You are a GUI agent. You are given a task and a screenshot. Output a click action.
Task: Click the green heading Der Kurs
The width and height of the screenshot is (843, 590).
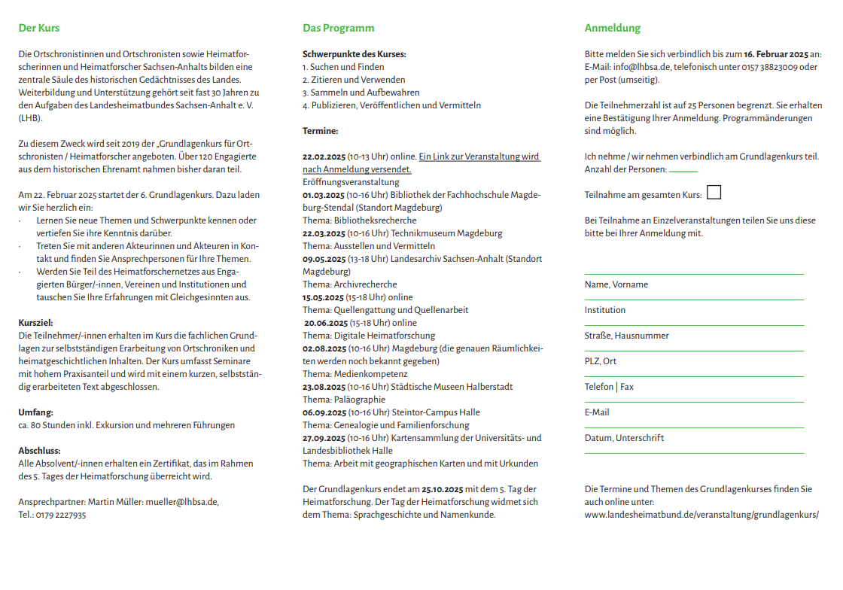click(x=38, y=29)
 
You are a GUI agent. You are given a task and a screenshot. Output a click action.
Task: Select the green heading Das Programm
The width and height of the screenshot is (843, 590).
click(x=338, y=29)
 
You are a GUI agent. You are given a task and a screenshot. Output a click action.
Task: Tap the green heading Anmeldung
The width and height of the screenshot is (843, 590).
click(x=613, y=29)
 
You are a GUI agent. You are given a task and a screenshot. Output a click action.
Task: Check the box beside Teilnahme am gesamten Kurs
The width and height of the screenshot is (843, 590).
click(x=714, y=193)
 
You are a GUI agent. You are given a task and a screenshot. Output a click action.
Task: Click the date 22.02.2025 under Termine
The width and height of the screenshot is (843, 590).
click(x=324, y=157)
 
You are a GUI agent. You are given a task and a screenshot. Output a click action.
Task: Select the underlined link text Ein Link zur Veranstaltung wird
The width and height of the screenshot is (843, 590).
click(x=479, y=157)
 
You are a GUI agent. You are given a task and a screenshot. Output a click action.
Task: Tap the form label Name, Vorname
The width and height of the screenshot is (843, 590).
click(x=616, y=284)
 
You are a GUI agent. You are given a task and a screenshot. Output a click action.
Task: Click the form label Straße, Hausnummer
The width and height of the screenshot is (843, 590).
click(x=626, y=336)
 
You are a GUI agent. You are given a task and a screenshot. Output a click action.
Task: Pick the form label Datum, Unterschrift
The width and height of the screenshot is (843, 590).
click(x=624, y=438)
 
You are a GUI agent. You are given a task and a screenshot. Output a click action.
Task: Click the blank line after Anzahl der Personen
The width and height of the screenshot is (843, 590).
click(x=683, y=171)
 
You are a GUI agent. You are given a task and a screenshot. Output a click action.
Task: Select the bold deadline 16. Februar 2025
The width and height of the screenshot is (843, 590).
click(x=776, y=54)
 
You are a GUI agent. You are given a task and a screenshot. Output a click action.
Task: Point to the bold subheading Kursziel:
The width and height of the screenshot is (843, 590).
click(x=35, y=323)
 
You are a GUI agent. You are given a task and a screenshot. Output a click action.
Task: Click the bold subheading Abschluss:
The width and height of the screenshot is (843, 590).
click(x=38, y=451)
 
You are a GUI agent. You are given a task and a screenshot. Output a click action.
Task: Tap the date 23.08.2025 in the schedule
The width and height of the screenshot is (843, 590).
click(x=324, y=387)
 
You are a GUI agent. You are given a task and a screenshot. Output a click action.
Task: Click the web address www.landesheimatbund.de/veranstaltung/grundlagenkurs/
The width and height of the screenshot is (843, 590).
click(x=701, y=515)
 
